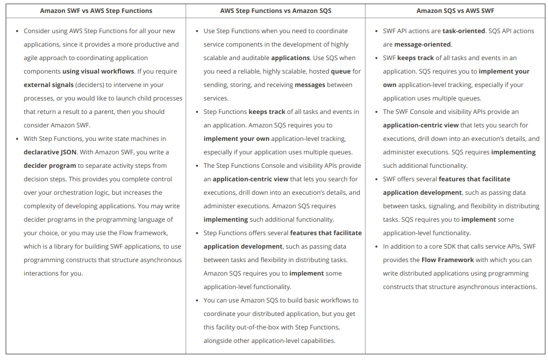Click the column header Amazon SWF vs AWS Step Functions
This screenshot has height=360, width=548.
(96, 11)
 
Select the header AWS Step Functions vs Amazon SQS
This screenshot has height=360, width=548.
(275, 11)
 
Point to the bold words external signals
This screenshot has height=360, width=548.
(48, 85)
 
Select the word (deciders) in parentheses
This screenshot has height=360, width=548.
(90, 85)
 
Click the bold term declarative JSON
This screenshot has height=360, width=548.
(50, 152)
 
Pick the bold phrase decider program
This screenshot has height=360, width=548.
(50, 166)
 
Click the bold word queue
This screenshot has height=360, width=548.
(341, 71)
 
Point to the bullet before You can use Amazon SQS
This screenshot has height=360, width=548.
(197, 300)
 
